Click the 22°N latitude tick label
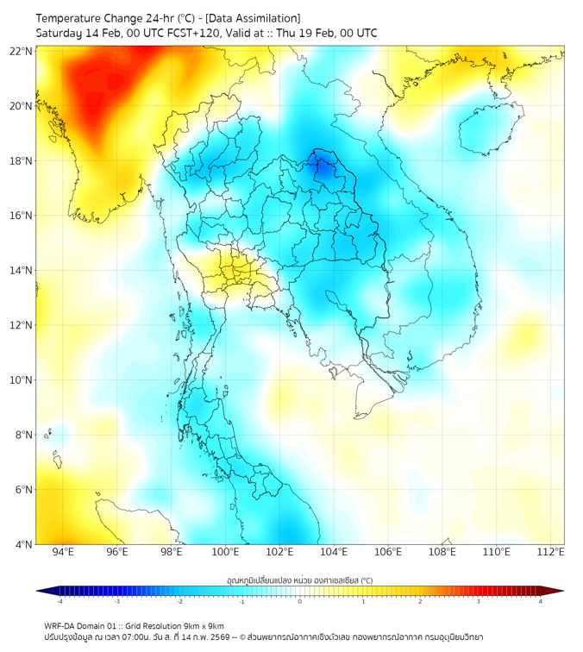pyautogui.click(x=22, y=51)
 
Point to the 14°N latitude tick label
pyautogui.click(x=22, y=270)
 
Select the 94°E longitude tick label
pyautogui.click(x=63, y=553)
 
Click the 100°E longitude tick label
pyautogui.click(x=225, y=553)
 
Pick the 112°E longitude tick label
pyautogui.click(x=551, y=553)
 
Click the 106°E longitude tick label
pyautogui.click(x=388, y=553)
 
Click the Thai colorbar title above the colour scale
pyautogui.click(x=299, y=580)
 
